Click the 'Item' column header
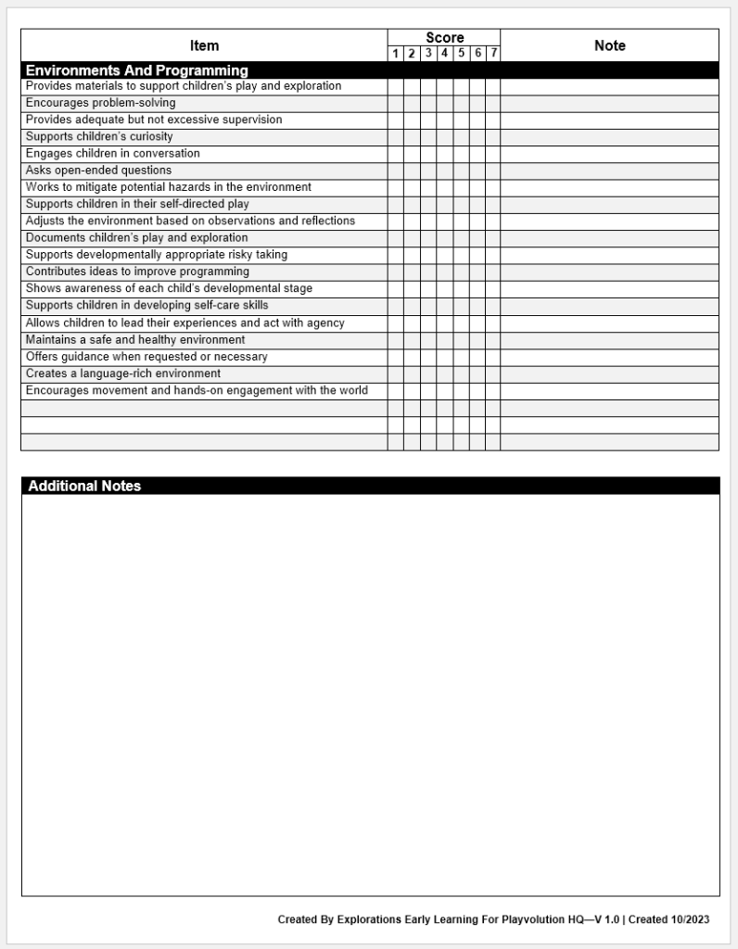pyautogui.click(x=204, y=45)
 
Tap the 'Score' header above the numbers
pyautogui.click(x=444, y=38)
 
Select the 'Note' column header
pyautogui.click(x=609, y=45)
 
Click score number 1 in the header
pyautogui.click(x=396, y=54)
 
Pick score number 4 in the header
pyautogui.click(x=445, y=54)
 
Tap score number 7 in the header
pyautogui.click(x=493, y=54)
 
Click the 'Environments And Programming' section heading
pyautogui.click(x=137, y=70)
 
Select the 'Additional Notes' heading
pyautogui.click(x=84, y=486)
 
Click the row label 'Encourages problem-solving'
pyautogui.click(x=100, y=103)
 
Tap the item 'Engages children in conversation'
pyautogui.click(x=112, y=154)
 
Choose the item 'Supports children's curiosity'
pyautogui.click(x=99, y=137)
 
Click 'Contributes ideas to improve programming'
pyautogui.click(x=137, y=272)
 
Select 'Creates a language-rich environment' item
pyautogui.click(x=123, y=373)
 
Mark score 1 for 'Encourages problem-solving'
pyautogui.click(x=396, y=104)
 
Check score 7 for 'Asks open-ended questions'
pyautogui.click(x=493, y=171)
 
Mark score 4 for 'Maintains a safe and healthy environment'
pyautogui.click(x=445, y=340)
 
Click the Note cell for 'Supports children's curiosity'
pyautogui.click(x=609, y=137)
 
